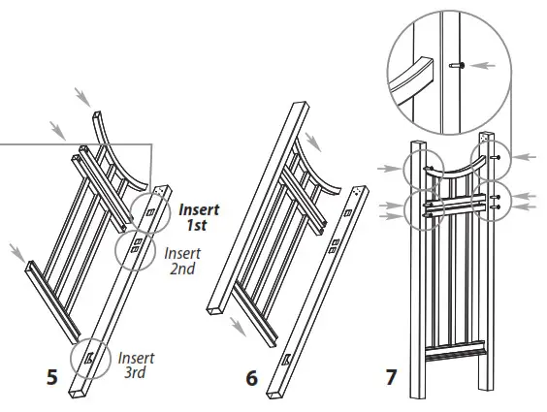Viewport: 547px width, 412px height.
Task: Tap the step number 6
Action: [x=251, y=377]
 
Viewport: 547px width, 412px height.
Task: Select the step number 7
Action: [x=391, y=376]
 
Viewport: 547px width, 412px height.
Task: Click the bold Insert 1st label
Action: [x=201, y=216]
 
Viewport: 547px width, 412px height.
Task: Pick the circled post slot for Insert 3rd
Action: [x=89, y=360]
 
